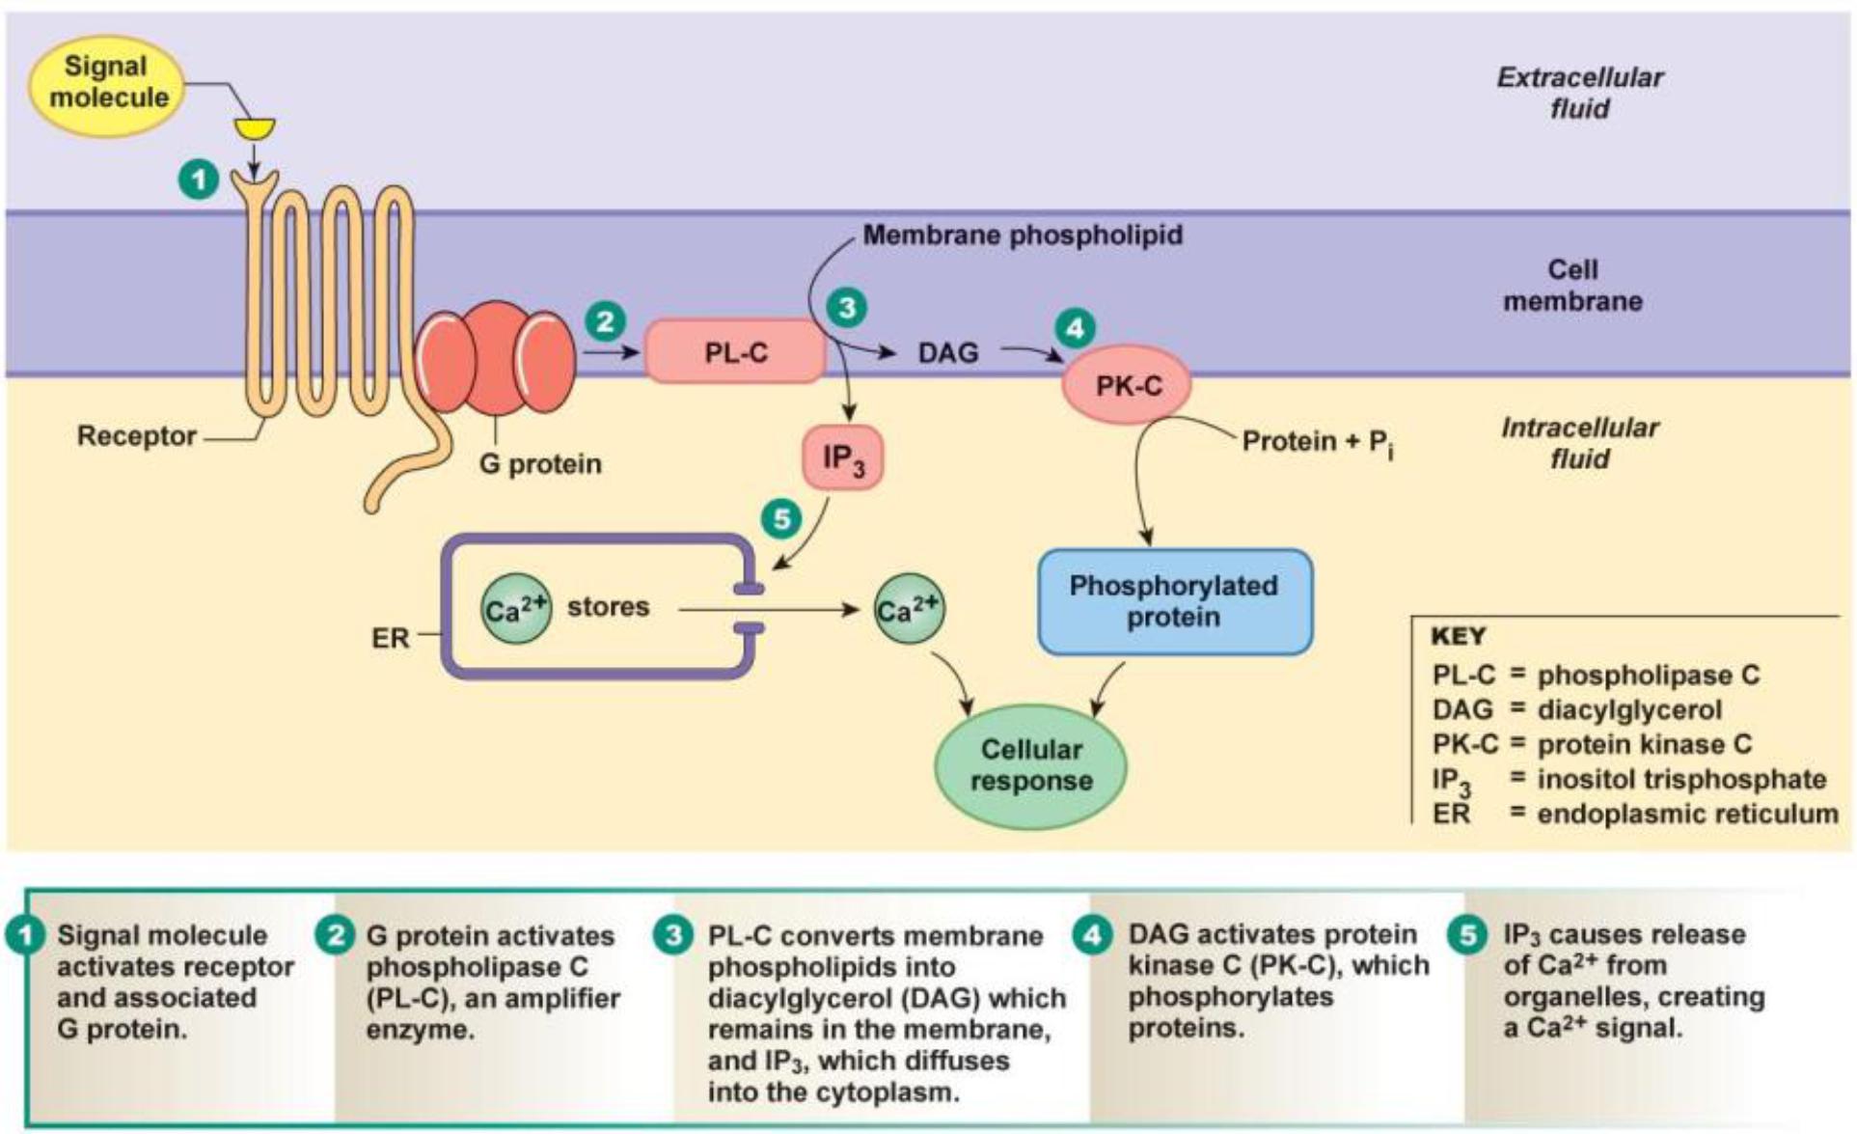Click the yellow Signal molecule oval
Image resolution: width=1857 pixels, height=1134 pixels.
108,83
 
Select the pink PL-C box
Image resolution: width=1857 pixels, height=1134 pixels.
735,352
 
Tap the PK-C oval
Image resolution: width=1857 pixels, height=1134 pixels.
1127,386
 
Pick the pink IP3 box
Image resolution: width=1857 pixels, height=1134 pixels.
842,457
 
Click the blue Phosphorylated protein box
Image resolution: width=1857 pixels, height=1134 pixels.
1174,601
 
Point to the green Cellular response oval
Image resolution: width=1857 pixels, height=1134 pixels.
1030,766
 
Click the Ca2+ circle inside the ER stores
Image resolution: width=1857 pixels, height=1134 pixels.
516,609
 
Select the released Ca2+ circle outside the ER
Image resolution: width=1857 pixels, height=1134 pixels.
908,609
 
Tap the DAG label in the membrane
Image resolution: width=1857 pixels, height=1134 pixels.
947,353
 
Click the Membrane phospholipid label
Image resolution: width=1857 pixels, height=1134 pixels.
1023,235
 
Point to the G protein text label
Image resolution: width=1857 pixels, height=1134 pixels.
540,464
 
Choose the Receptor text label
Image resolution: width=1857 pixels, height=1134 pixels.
137,436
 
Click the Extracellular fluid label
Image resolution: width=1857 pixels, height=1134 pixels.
1579,93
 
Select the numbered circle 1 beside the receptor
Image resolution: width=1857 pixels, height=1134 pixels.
200,180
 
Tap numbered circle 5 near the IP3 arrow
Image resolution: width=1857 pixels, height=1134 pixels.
780,518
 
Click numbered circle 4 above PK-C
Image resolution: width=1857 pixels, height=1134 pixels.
1075,327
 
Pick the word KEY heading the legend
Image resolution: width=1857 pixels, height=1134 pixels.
1459,637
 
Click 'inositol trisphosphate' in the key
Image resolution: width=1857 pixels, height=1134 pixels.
1681,779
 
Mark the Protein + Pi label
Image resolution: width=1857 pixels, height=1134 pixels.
1317,443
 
